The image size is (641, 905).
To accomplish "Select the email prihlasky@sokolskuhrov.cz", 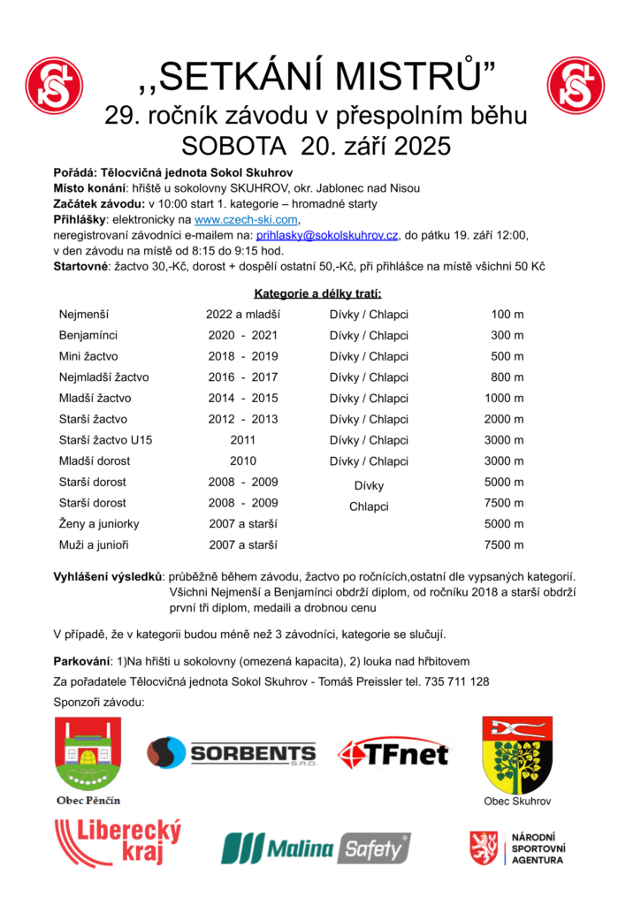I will (x=326, y=235).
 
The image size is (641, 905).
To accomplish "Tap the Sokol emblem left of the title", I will (x=54, y=86).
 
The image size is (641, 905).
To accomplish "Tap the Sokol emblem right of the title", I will (x=576, y=86).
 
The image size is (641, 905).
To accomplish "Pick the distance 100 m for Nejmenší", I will (x=507, y=315).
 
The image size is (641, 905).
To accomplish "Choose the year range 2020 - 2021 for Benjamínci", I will (x=243, y=336).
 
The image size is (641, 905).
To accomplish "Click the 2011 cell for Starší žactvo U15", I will (x=243, y=440).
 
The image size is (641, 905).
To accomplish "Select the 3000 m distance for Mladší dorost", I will (x=504, y=461).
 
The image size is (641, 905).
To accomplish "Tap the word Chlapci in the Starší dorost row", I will (x=369, y=507).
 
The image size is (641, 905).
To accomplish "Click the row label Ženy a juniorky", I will (x=99, y=524).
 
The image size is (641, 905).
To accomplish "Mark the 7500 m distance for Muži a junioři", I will (x=504, y=545).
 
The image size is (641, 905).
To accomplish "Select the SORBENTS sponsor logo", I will (x=231, y=753).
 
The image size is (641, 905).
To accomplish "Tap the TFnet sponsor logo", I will (x=393, y=754).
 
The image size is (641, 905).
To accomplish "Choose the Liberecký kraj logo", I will (x=117, y=842).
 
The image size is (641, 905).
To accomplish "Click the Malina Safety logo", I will (x=316, y=848).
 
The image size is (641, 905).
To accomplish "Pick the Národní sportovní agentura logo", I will (x=516, y=848).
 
